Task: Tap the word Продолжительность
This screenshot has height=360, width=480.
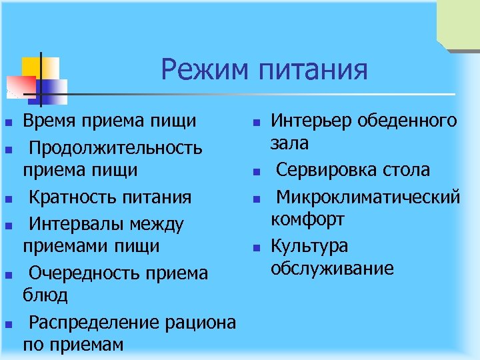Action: pyautogui.click(x=115, y=146)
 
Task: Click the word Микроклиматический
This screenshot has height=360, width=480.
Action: pyautogui.click(x=369, y=197)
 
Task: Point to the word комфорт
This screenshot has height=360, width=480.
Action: pyautogui.click(x=307, y=219)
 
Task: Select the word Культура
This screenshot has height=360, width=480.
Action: pyautogui.click(x=309, y=246)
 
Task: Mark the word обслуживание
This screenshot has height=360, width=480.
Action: pyautogui.click(x=332, y=268)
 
